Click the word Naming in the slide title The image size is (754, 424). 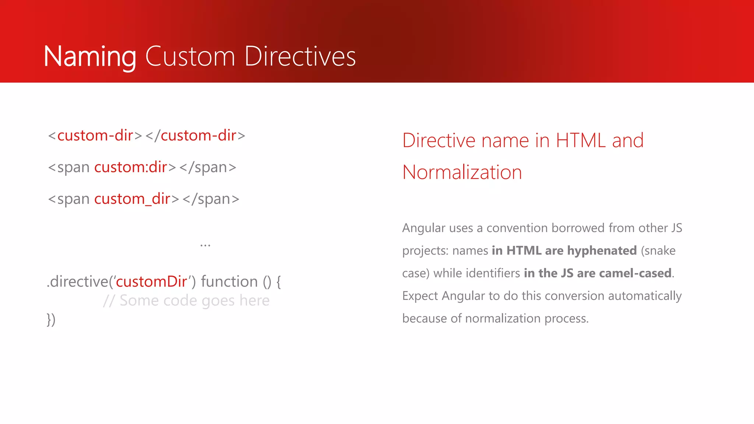(90, 57)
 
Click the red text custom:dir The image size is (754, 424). (131, 167)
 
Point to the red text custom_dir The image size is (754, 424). (132, 199)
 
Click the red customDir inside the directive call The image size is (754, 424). (151, 282)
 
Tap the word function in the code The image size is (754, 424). (229, 282)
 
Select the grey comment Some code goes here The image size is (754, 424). (194, 301)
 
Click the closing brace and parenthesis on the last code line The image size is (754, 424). (51, 319)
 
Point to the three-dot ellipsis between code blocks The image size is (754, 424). (205, 245)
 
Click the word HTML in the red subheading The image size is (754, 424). (581, 141)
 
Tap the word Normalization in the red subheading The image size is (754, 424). (462, 172)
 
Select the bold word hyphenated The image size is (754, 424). (602, 251)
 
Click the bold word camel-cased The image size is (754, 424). (635, 273)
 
